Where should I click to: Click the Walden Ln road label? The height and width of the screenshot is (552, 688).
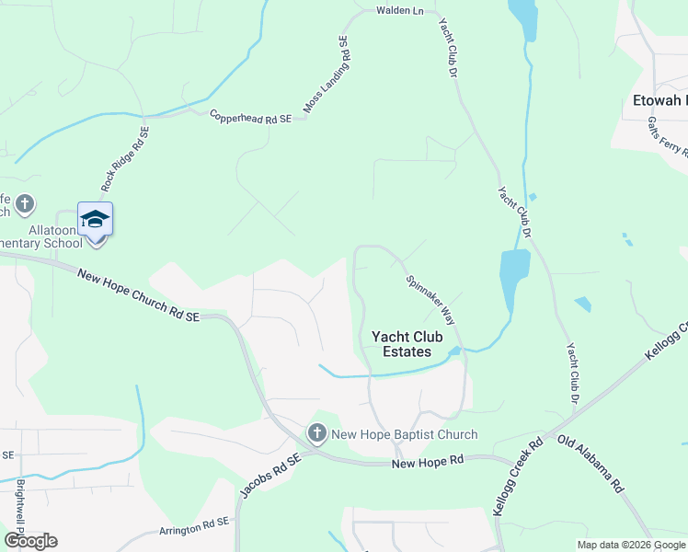click(399, 11)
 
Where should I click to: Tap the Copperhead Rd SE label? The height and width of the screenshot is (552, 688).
click(250, 118)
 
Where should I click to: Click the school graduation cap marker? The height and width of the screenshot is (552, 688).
click(95, 220)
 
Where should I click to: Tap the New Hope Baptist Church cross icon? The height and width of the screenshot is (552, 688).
click(317, 432)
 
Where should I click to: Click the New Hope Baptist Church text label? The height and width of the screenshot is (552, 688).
click(405, 435)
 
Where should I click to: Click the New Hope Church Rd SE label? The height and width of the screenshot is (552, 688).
click(138, 295)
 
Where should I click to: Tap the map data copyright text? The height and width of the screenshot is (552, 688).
click(630, 545)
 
